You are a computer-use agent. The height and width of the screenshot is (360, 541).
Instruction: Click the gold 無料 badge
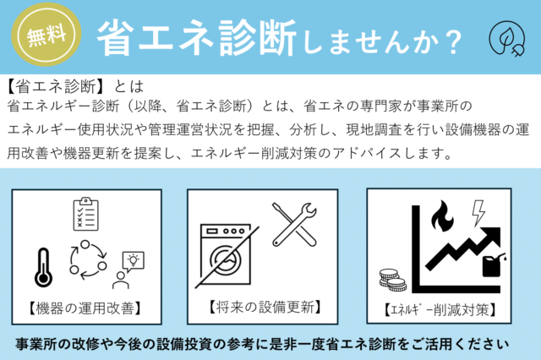46,35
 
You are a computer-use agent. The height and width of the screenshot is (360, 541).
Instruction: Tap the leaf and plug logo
507,39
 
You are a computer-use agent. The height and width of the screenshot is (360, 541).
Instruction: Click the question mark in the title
453,42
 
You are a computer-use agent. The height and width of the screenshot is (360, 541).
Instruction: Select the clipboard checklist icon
85,214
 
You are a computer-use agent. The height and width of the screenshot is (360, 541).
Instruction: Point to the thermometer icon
43,268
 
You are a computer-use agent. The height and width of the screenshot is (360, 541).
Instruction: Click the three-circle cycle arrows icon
88,259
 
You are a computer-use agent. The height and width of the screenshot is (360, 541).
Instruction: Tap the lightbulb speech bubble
134,261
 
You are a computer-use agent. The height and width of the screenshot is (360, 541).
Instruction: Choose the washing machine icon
226,254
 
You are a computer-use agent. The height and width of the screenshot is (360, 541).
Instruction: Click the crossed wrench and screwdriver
294,225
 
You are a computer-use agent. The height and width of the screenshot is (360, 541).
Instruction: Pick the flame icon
442,215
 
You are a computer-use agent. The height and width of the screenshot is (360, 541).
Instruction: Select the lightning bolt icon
478,213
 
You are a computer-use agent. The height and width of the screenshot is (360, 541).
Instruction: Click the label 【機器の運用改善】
85,308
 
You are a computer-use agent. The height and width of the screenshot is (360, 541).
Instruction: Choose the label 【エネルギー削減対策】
440,310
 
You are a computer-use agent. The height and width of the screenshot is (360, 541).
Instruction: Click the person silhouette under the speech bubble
120,281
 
